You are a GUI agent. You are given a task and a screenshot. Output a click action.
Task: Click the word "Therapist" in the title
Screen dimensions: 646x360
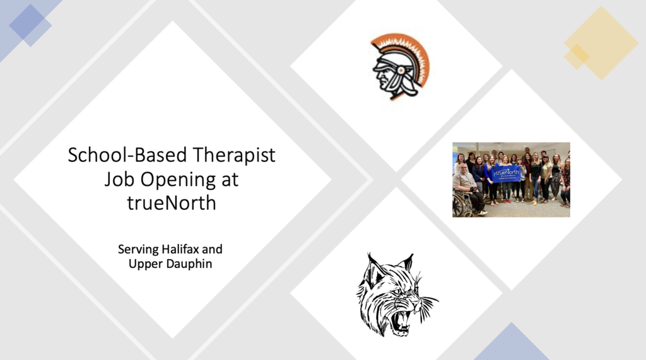click(233, 156)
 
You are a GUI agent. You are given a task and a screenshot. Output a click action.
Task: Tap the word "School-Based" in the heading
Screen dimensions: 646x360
click(127, 155)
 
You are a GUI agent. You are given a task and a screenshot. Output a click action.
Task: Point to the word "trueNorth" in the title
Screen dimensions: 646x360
click(172, 202)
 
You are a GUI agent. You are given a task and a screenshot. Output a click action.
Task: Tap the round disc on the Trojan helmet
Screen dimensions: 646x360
click(399, 71)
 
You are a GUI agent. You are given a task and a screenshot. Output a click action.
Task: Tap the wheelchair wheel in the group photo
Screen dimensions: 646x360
click(461, 204)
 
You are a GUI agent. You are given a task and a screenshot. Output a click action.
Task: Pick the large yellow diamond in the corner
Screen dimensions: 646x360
click(601, 43)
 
